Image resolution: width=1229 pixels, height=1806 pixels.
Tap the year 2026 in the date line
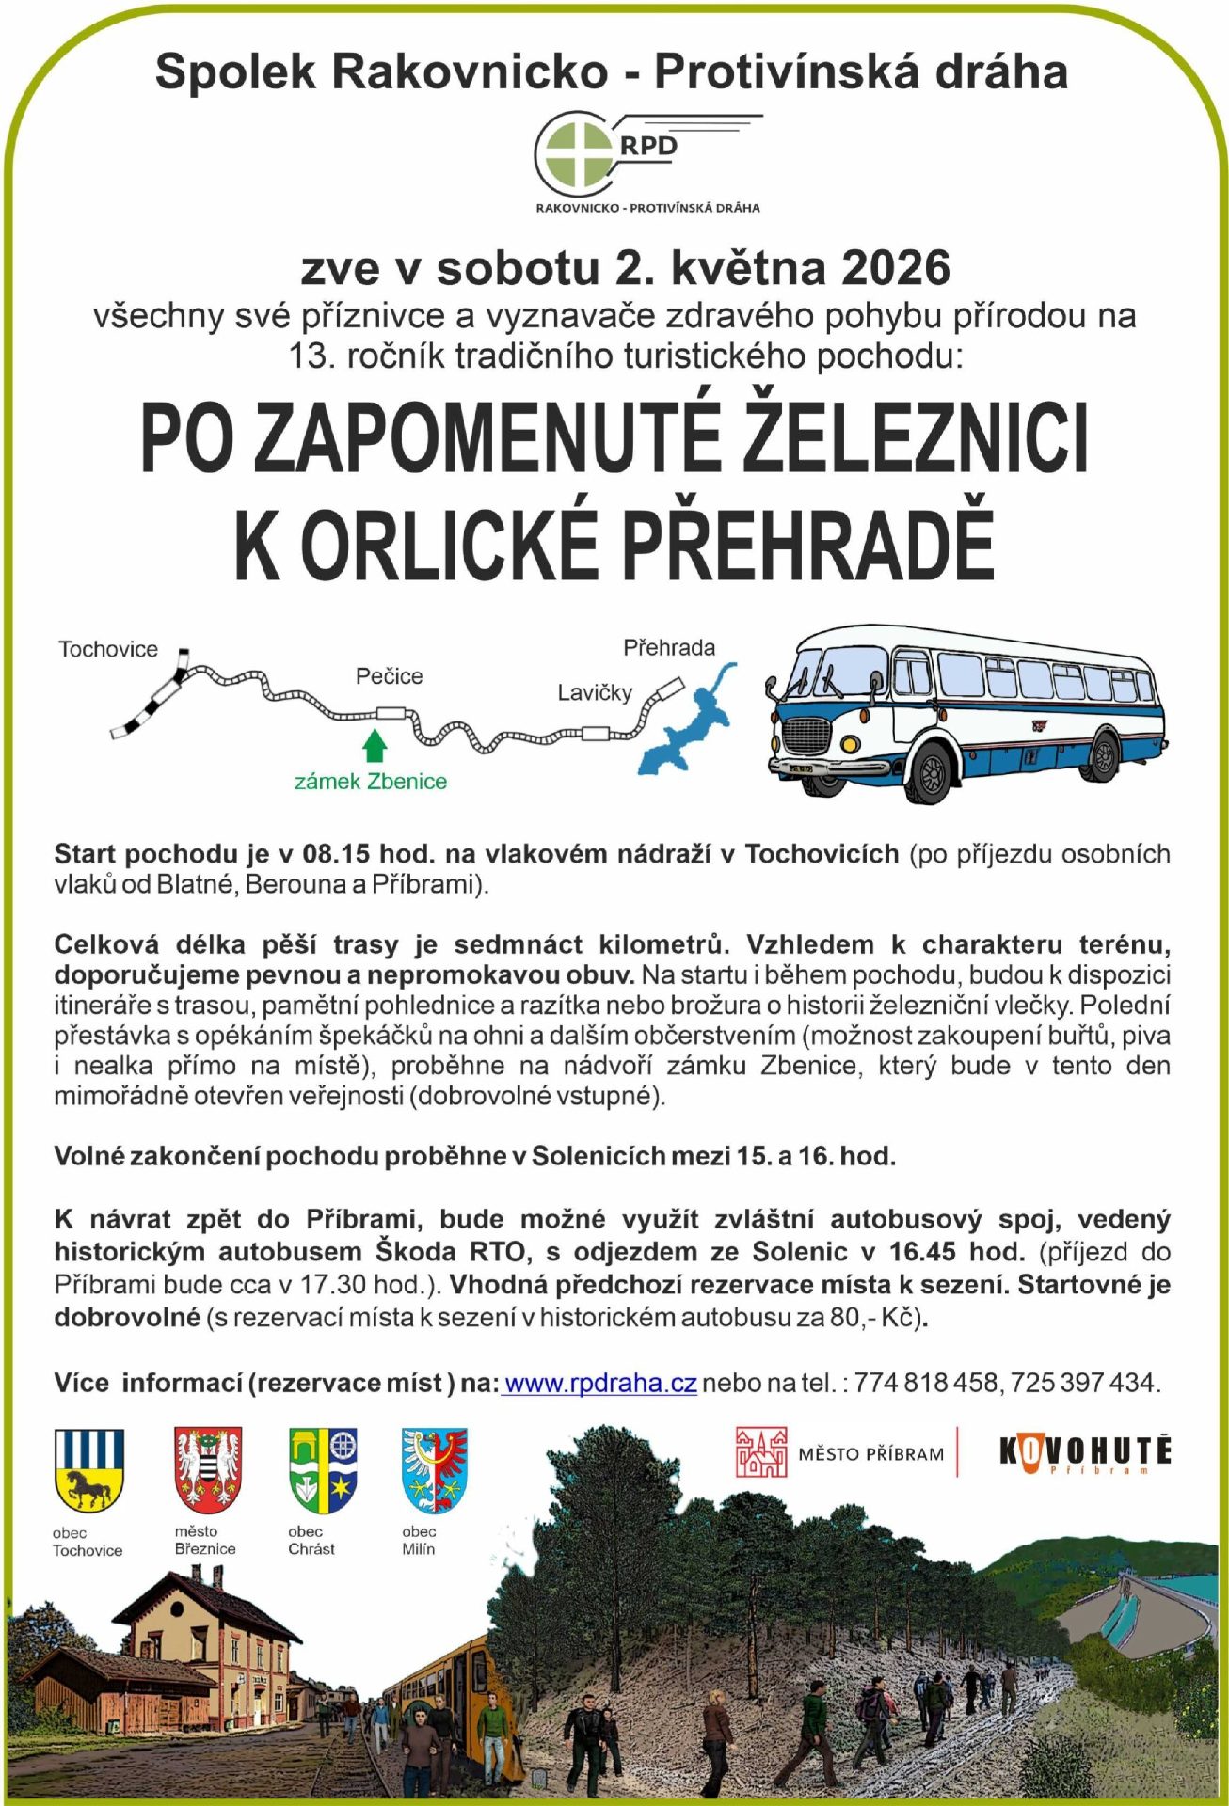pos(895,268)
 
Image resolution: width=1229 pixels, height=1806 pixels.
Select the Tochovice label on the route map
pos(108,649)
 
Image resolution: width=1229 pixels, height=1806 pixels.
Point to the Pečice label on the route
pos(389,676)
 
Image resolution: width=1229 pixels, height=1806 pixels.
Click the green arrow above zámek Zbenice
pos(375,745)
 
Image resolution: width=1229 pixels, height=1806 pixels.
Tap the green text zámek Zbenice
pos(371,782)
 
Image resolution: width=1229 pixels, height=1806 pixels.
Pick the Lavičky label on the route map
pos(595,693)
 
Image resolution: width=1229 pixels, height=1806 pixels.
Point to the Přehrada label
pos(669,647)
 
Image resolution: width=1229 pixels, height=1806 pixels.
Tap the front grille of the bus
pos(806,734)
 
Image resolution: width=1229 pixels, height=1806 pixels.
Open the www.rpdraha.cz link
pos(600,1383)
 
